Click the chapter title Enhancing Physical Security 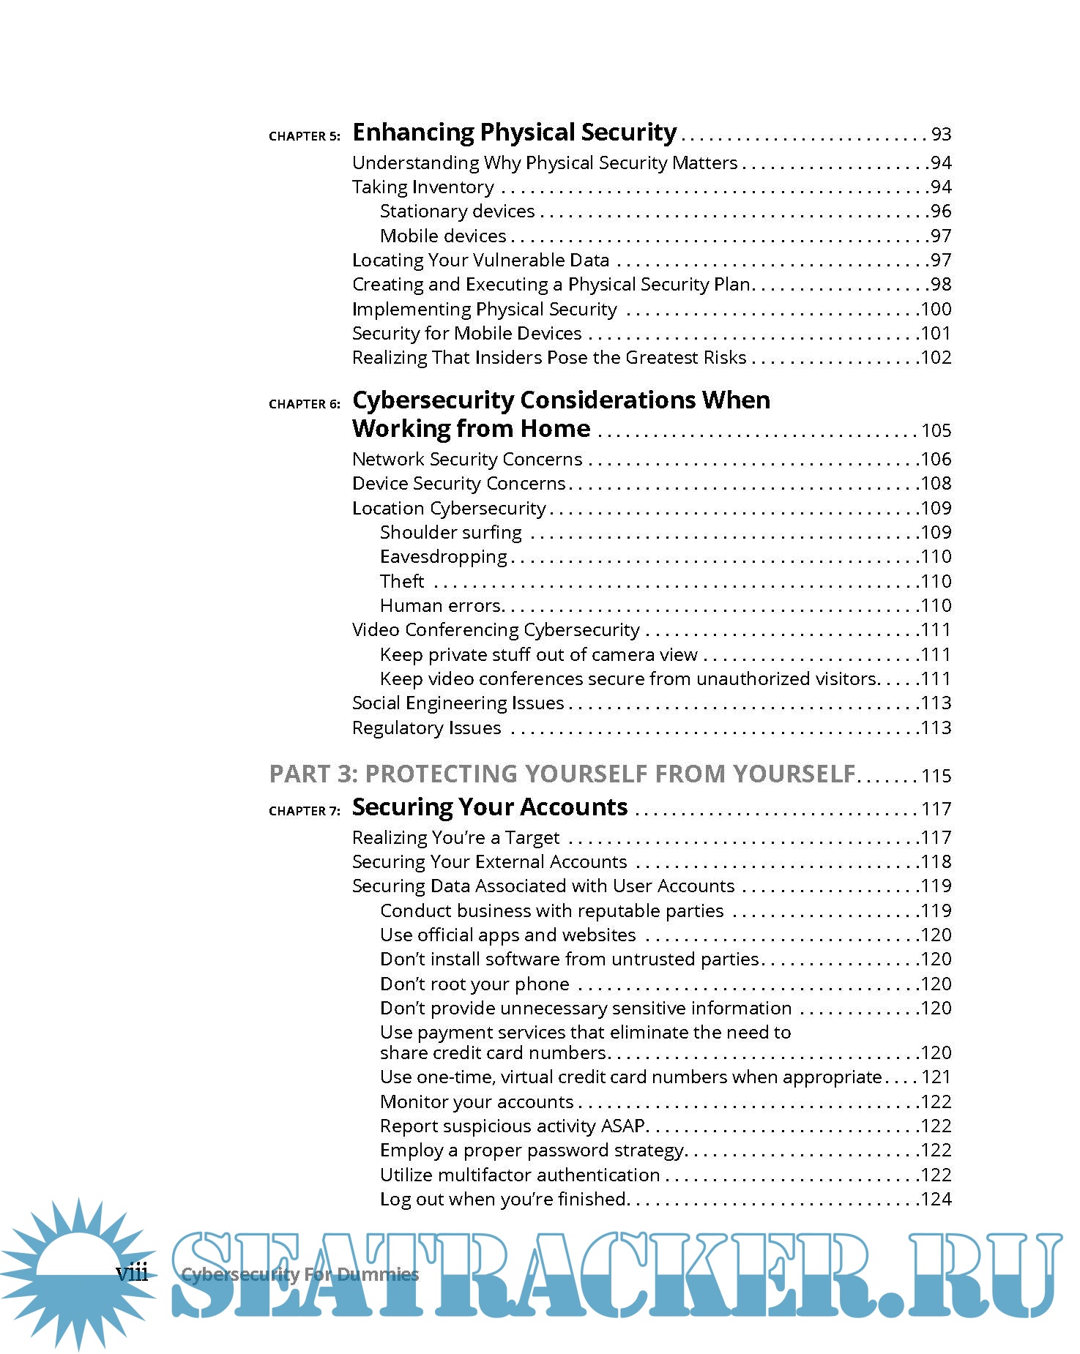point(514,132)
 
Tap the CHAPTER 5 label point(305,136)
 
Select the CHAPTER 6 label point(305,404)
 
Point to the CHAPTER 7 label point(305,811)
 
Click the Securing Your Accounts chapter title point(490,807)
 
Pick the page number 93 point(941,135)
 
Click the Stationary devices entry point(458,212)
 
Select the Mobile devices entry point(443,236)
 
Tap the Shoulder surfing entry point(451,532)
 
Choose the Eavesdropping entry point(444,557)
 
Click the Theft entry point(402,581)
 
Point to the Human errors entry point(441,606)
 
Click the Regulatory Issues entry point(427,728)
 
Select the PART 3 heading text point(562,774)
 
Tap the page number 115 point(936,777)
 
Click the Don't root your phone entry point(474,984)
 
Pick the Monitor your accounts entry point(477,1102)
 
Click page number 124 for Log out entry point(936,1200)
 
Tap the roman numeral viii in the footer point(132,1273)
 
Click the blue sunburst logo point(77,1273)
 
